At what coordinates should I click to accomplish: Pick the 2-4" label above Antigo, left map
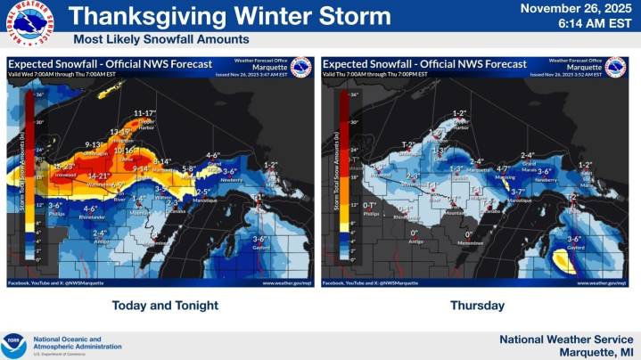tap(100, 233)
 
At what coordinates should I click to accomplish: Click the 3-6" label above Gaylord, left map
tap(261, 239)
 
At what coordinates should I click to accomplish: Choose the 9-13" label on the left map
tap(95, 144)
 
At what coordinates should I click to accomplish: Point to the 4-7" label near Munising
tap(502, 168)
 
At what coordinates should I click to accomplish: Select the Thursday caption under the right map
tap(477, 306)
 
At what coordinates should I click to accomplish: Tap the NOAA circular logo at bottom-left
tap(13, 344)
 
